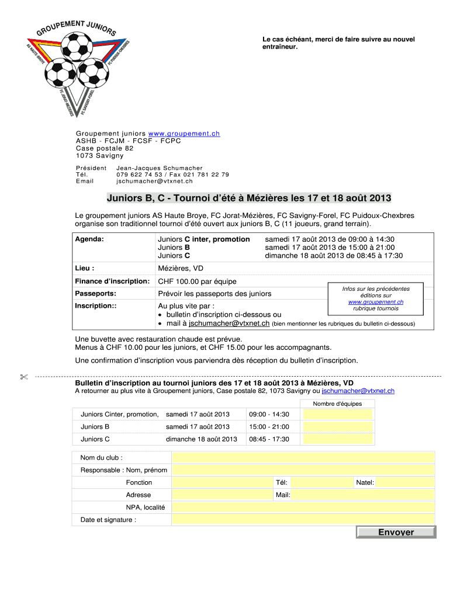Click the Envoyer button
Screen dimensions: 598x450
(x=396, y=532)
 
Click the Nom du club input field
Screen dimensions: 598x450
(x=303, y=457)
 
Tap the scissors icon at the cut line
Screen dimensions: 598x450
(x=23, y=377)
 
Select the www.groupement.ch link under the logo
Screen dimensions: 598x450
(x=184, y=133)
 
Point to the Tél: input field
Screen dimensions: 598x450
(x=321, y=482)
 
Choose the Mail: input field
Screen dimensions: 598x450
(x=362, y=495)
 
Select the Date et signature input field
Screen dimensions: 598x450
(x=303, y=520)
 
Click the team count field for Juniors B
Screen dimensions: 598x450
(x=338, y=427)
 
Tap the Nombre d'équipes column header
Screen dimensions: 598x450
(x=337, y=404)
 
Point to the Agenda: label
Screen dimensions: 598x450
(x=89, y=239)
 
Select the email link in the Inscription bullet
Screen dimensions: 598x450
(x=229, y=323)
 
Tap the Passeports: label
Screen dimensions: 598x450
(x=95, y=294)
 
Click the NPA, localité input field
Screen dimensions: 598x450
(x=303, y=507)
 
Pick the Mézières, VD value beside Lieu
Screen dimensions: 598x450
(x=181, y=269)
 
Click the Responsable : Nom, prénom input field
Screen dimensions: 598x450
(x=303, y=470)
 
